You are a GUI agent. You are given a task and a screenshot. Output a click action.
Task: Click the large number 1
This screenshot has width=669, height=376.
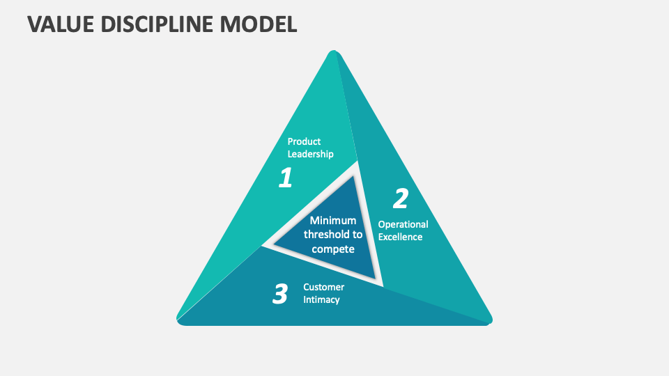tap(285, 178)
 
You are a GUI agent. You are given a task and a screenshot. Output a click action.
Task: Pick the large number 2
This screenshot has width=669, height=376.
tap(400, 198)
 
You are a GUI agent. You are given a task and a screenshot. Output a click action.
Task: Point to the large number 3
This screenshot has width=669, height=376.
tap(279, 294)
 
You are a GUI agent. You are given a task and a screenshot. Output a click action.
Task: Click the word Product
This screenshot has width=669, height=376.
tap(304, 141)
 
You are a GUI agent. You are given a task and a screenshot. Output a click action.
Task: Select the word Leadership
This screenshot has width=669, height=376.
tap(310, 154)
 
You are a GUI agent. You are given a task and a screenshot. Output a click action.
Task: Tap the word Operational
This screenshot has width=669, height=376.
tap(403, 224)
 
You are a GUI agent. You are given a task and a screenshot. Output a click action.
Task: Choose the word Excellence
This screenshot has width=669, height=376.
tap(400, 237)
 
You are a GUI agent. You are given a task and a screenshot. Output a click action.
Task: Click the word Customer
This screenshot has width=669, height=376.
tap(323, 287)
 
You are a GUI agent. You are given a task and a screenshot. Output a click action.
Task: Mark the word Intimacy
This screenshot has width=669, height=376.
tap(321, 299)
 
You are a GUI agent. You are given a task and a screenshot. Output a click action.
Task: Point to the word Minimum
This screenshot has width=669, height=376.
tap(333, 221)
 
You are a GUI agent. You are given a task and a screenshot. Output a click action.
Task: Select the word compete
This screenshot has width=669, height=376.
tap(333, 249)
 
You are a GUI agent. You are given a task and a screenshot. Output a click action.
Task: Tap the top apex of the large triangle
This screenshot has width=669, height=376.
tap(334, 53)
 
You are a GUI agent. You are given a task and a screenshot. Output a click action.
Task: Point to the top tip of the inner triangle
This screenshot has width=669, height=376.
tap(354, 177)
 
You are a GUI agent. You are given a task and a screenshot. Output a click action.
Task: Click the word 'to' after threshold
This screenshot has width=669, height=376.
tap(357, 235)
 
